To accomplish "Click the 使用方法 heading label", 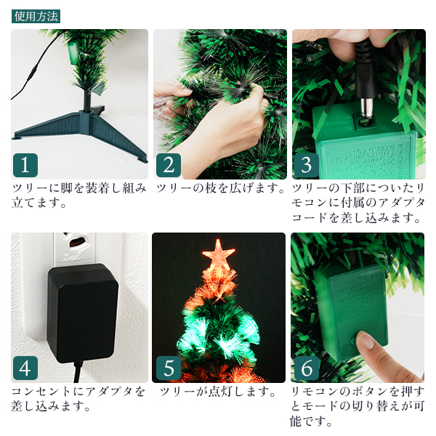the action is (36, 17).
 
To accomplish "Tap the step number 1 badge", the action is (25, 165).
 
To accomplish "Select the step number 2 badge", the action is (169, 165).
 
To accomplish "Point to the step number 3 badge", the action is (307, 165).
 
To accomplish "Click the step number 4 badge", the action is (25, 368).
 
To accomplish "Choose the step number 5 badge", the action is (169, 368).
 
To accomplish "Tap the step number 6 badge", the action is (307, 368).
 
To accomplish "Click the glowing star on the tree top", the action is (219, 254).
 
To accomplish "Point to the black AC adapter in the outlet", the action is (83, 313).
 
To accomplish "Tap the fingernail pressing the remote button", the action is (366, 340).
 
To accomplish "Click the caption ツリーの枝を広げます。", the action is (221, 188).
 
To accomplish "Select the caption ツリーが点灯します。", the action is (218, 392).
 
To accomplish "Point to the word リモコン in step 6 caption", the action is (315, 392).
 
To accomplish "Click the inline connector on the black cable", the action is (35, 69).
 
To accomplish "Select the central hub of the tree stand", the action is (86, 118).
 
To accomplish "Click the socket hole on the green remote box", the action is (363, 122).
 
